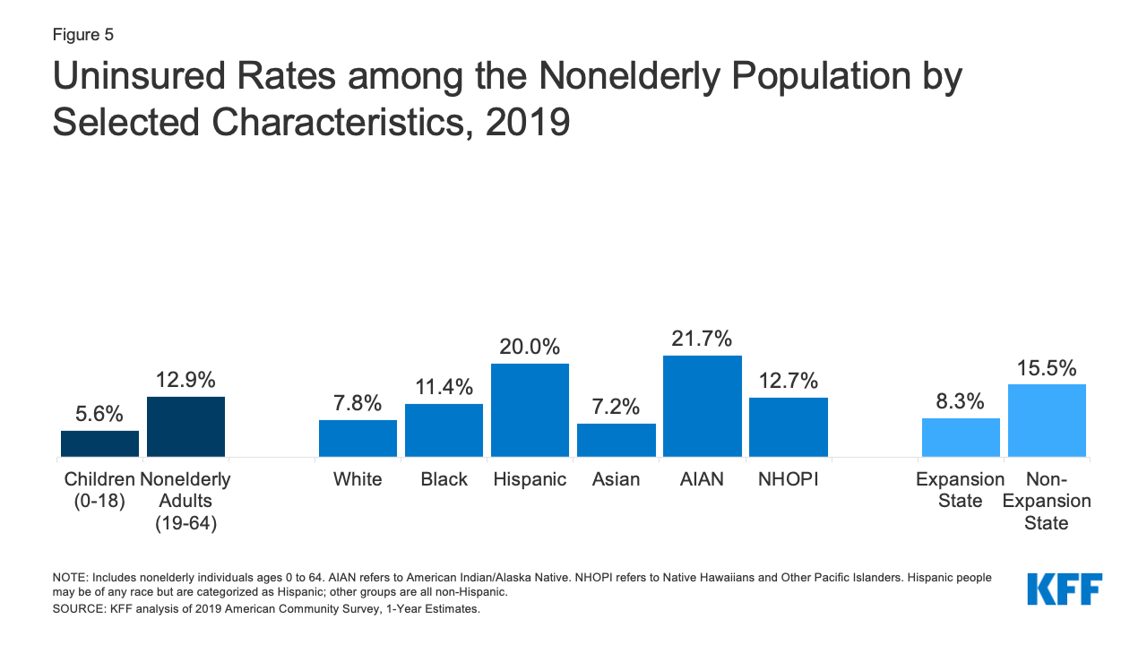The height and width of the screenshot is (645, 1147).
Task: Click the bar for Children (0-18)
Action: pyautogui.click(x=99, y=443)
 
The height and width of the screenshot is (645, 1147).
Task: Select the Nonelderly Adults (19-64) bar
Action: pyautogui.click(x=185, y=426)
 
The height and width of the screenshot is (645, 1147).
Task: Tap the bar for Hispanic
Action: pyautogui.click(x=530, y=410)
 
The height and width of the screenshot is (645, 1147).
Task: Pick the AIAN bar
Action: pyautogui.click(x=702, y=406)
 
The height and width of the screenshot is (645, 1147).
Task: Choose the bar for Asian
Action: pyautogui.click(x=616, y=440)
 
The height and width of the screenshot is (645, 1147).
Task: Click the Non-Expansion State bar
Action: pyautogui.click(x=1047, y=420)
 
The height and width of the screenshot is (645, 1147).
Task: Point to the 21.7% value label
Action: pyautogui.click(x=702, y=340)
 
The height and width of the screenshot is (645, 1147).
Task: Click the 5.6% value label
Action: pyautogui.click(x=99, y=414)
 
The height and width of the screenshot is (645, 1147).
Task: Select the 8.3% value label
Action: pyautogui.click(x=961, y=401)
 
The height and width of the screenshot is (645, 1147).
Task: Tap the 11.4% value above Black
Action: pyautogui.click(x=444, y=388)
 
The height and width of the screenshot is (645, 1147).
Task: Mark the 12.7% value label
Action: pyautogui.click(x=788, y=381)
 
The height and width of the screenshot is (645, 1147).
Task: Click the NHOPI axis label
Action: pyautogui.click(x=788, y=479)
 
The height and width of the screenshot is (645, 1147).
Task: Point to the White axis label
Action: pyautogui.click(x=358, y=479)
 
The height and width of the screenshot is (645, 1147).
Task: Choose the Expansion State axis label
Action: pyautogui.click(x=960, y=490)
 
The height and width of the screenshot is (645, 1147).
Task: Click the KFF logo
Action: pyautogui.click(x=1065, y=589)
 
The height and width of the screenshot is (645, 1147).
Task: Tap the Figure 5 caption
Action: pyautogui.click(x=83, y=35)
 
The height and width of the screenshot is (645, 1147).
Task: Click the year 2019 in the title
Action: pyautogui.click(x=528, y=122)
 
